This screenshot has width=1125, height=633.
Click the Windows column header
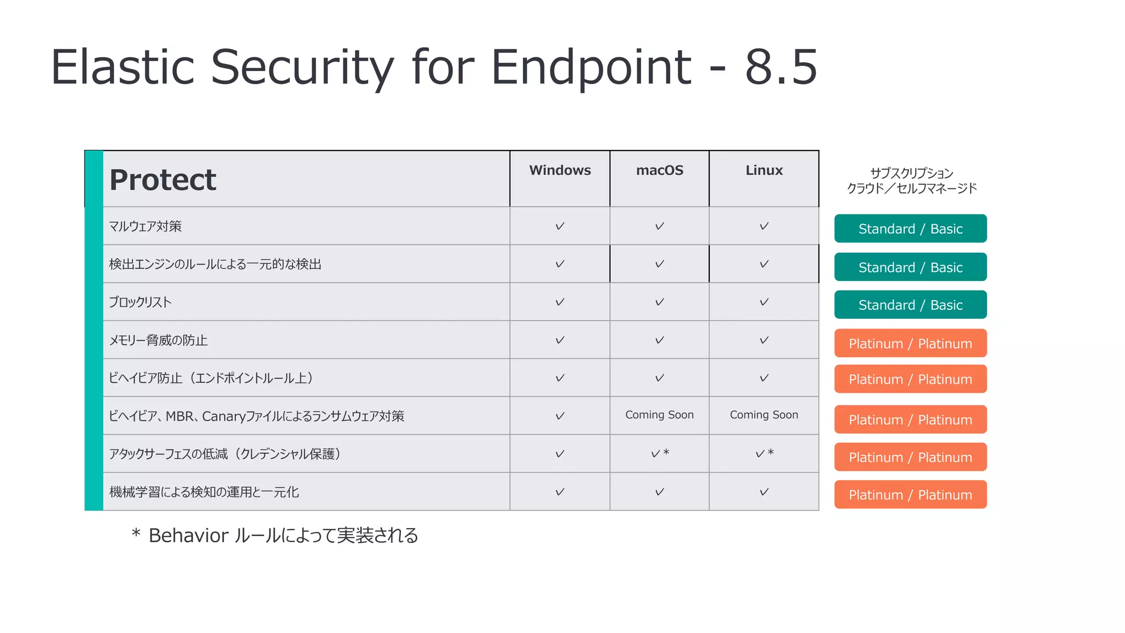coord(560,170)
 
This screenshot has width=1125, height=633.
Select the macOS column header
coord(659,170)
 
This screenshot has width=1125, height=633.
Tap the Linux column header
coord(764,170)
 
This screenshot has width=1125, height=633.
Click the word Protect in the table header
coord(163,180)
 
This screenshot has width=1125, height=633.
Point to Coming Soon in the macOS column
coord(659,415)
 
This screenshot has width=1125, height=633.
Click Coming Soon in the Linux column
coord(764,415)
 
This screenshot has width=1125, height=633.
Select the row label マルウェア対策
coord(145,226)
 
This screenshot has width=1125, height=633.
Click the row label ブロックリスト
coord(140,302)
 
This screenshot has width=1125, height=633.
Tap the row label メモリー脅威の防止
coord(158,340)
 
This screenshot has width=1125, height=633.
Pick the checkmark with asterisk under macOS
coord(659,453)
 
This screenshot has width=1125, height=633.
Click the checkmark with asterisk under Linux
coord(764,453)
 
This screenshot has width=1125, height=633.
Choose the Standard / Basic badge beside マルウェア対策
coord(910,229)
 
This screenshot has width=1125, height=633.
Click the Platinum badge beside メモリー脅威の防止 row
coord(910,343)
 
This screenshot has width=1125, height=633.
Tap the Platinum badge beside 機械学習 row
coord(910,495)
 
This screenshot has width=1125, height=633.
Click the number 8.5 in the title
coord(781,67)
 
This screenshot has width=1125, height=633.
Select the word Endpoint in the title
coord(591,67)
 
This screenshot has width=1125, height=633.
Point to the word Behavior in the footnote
coord(188,535)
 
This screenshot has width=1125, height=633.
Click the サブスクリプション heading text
coord(911,173)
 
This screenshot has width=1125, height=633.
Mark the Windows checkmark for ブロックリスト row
coord(560,302)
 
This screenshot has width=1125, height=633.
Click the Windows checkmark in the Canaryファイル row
coord(560,416)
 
